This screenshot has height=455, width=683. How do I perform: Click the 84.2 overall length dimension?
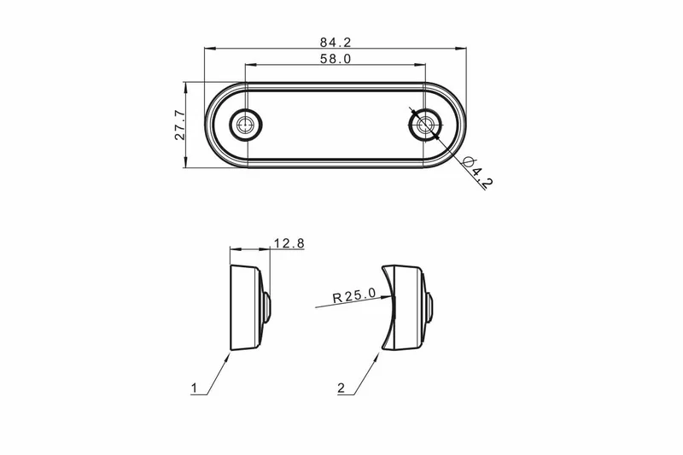(x=336, y=42)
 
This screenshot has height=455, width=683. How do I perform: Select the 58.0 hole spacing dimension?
(x=336, y=59)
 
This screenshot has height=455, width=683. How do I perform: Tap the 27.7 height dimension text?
(x=180, y=125)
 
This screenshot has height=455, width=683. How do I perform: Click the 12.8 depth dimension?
(x=289, y=243)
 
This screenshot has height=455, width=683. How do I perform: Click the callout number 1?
(x=195, y=388)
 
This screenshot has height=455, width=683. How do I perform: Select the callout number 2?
(x=341, y=388)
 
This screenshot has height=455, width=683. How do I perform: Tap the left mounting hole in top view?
(x=246, y=125)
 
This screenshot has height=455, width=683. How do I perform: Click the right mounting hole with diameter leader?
(x=424, y=125)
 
